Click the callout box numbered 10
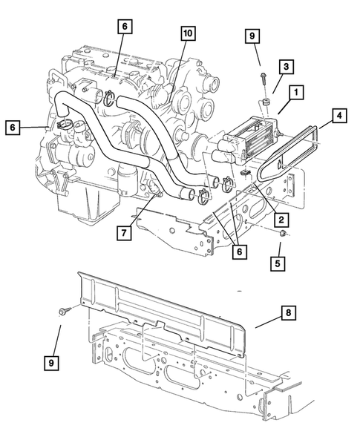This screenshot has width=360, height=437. (187, 33)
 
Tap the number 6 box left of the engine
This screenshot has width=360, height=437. (13, 128)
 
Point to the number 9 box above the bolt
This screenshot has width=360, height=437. (252, 35)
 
